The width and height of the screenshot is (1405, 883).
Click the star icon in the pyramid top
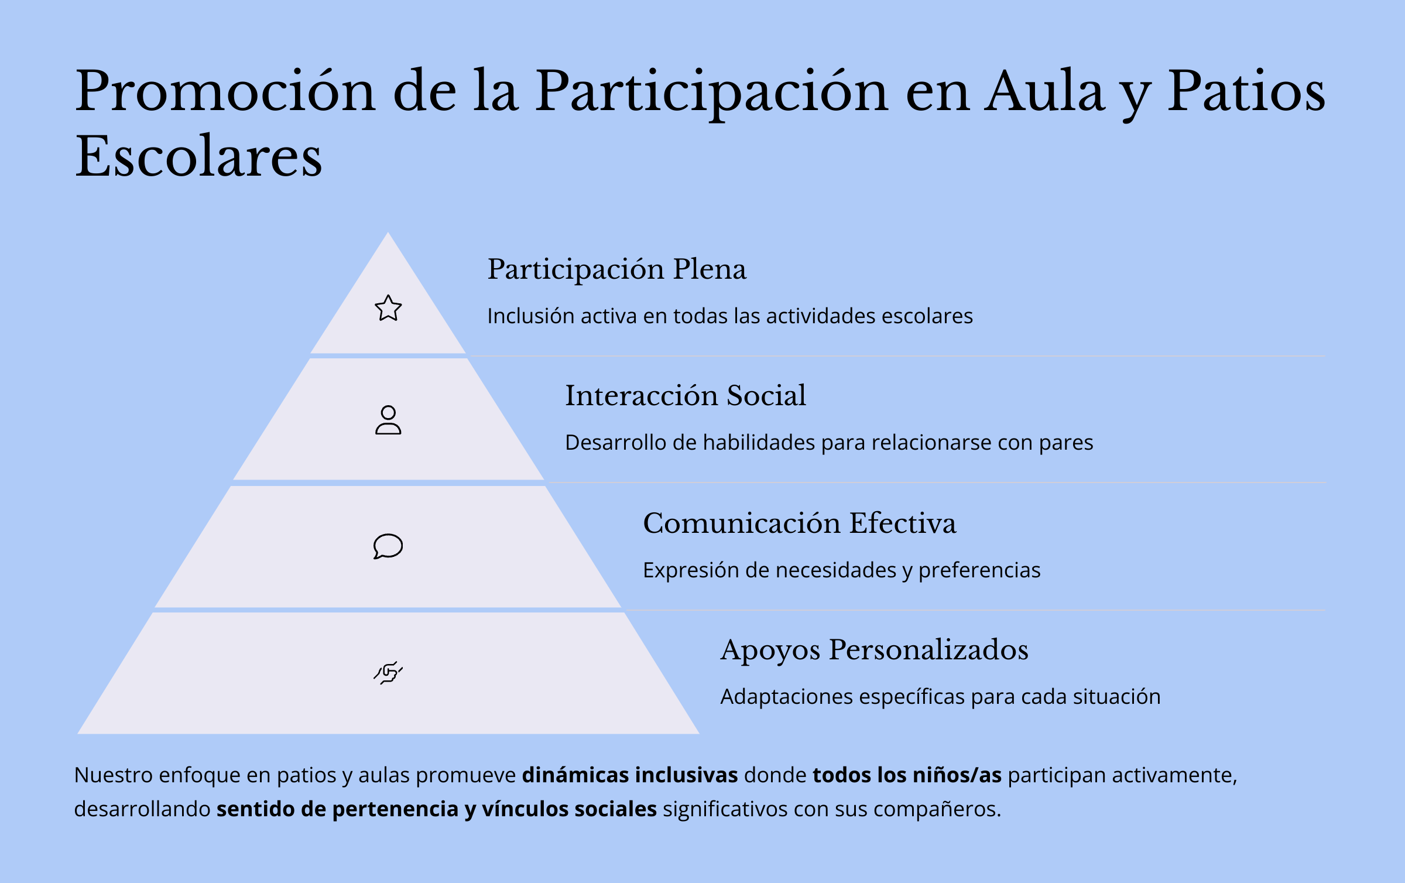pyautogui.click(x=388, y=308)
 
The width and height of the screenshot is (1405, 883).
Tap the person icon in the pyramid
pyautogui.click(x=388, y=420)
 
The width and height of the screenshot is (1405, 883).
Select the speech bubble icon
pyautogui.click(x=388, y=546)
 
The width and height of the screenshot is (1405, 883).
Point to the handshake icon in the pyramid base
pyautogui.click(x=388, y=673)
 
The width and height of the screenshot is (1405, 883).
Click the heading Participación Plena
pyautogui.click(x=617, y=270)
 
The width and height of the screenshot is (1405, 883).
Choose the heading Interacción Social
pyautogui.click(x=686, y=395)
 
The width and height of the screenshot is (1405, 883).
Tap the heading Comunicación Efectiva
pyautogui.click(x=800, y=523)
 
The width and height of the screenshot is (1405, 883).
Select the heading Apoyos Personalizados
pyautogui.click(x=875, y=651)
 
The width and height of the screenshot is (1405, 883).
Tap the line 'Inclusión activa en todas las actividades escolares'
pyautogui.click(x=730, y=316)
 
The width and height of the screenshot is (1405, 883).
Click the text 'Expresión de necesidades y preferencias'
pyautogui.click(x=842, y=570)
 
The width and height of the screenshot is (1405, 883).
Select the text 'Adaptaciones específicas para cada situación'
pyautogui.click(x=940, y=697)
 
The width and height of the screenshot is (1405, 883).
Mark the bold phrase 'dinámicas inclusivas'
pyautogui.click(x=630, y=775)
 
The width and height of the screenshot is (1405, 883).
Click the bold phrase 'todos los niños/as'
pyautogui.click(x=907, y=775)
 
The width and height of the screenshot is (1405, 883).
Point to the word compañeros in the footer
pyautogui.click(x=937, y=809)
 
